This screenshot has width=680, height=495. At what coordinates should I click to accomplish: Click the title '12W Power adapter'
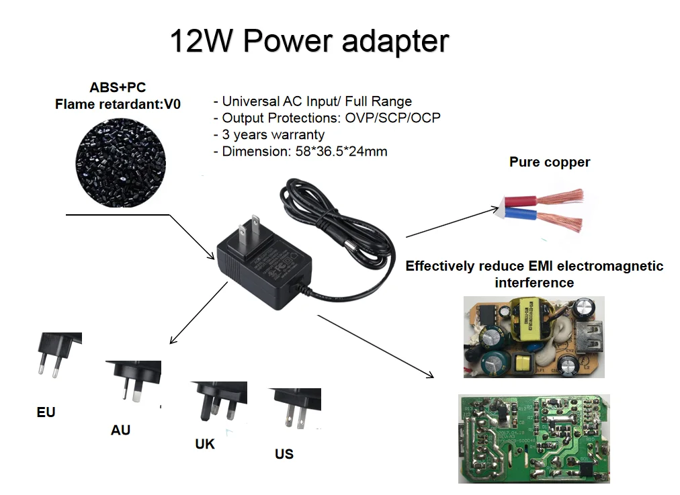point(308,41)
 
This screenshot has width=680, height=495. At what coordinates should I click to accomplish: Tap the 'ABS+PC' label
point(118,87)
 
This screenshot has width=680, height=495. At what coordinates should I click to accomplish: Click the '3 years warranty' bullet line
point(269,135)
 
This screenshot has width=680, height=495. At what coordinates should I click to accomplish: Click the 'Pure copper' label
point(549,162)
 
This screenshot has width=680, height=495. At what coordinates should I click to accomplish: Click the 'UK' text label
point(205,445)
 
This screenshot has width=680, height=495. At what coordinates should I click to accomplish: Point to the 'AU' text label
point(120,430)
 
